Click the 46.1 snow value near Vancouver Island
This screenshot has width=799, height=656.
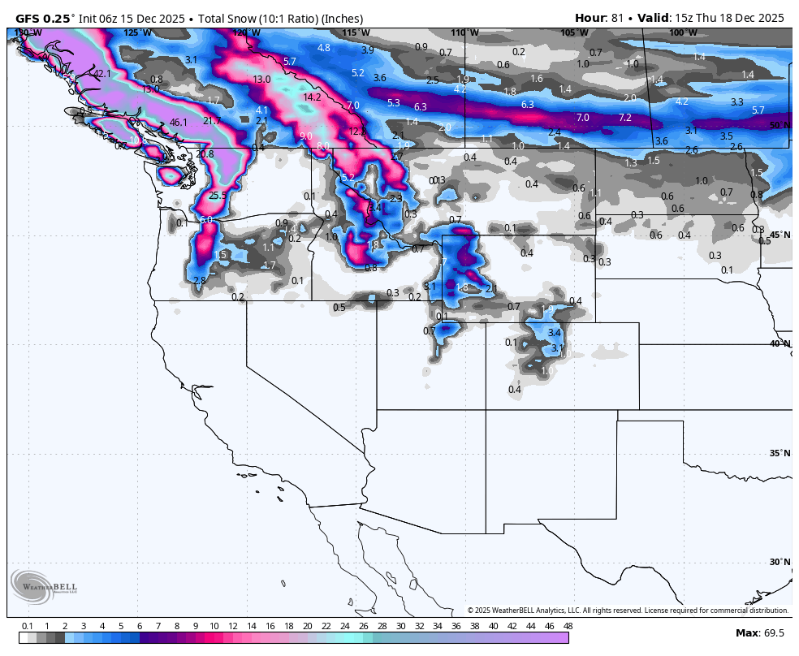(x=179, y=123)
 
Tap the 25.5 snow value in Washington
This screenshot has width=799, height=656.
(x=218, y=196)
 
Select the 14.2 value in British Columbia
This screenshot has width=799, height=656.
(x=312, y=97)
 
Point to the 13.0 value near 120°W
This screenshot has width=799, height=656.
(x=261, y=80)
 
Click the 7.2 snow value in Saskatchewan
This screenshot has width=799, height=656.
(x=624, y=118)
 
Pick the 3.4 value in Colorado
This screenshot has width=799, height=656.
(x=555, y=333)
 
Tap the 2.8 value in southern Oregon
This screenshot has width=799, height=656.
(x=200, y=280)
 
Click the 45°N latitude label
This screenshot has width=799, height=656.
(x=780, y=235)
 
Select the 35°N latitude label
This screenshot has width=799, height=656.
(x=780, y=453)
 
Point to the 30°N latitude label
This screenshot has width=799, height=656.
(x=780, y=562)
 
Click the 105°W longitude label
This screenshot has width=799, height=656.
(x=574, y=32)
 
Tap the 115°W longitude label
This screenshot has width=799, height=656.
(x=356, y=32)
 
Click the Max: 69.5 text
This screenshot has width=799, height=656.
(x=760, y=632)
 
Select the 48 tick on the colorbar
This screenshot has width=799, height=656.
(x=568, y=626)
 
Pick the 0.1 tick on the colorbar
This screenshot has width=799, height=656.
(x=27, y=626)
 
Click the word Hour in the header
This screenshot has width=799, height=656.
(x=590, y=18)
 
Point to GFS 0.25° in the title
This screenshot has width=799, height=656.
(x=45, y=18)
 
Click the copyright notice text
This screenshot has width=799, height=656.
(x=628, y=611)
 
